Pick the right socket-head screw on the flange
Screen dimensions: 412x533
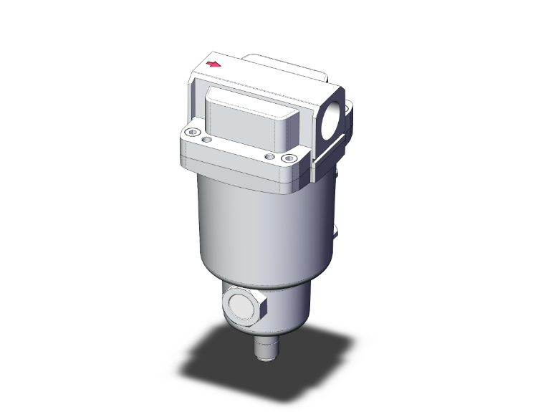[x=289, y=158]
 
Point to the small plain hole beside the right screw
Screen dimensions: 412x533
[x=269, y=155]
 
